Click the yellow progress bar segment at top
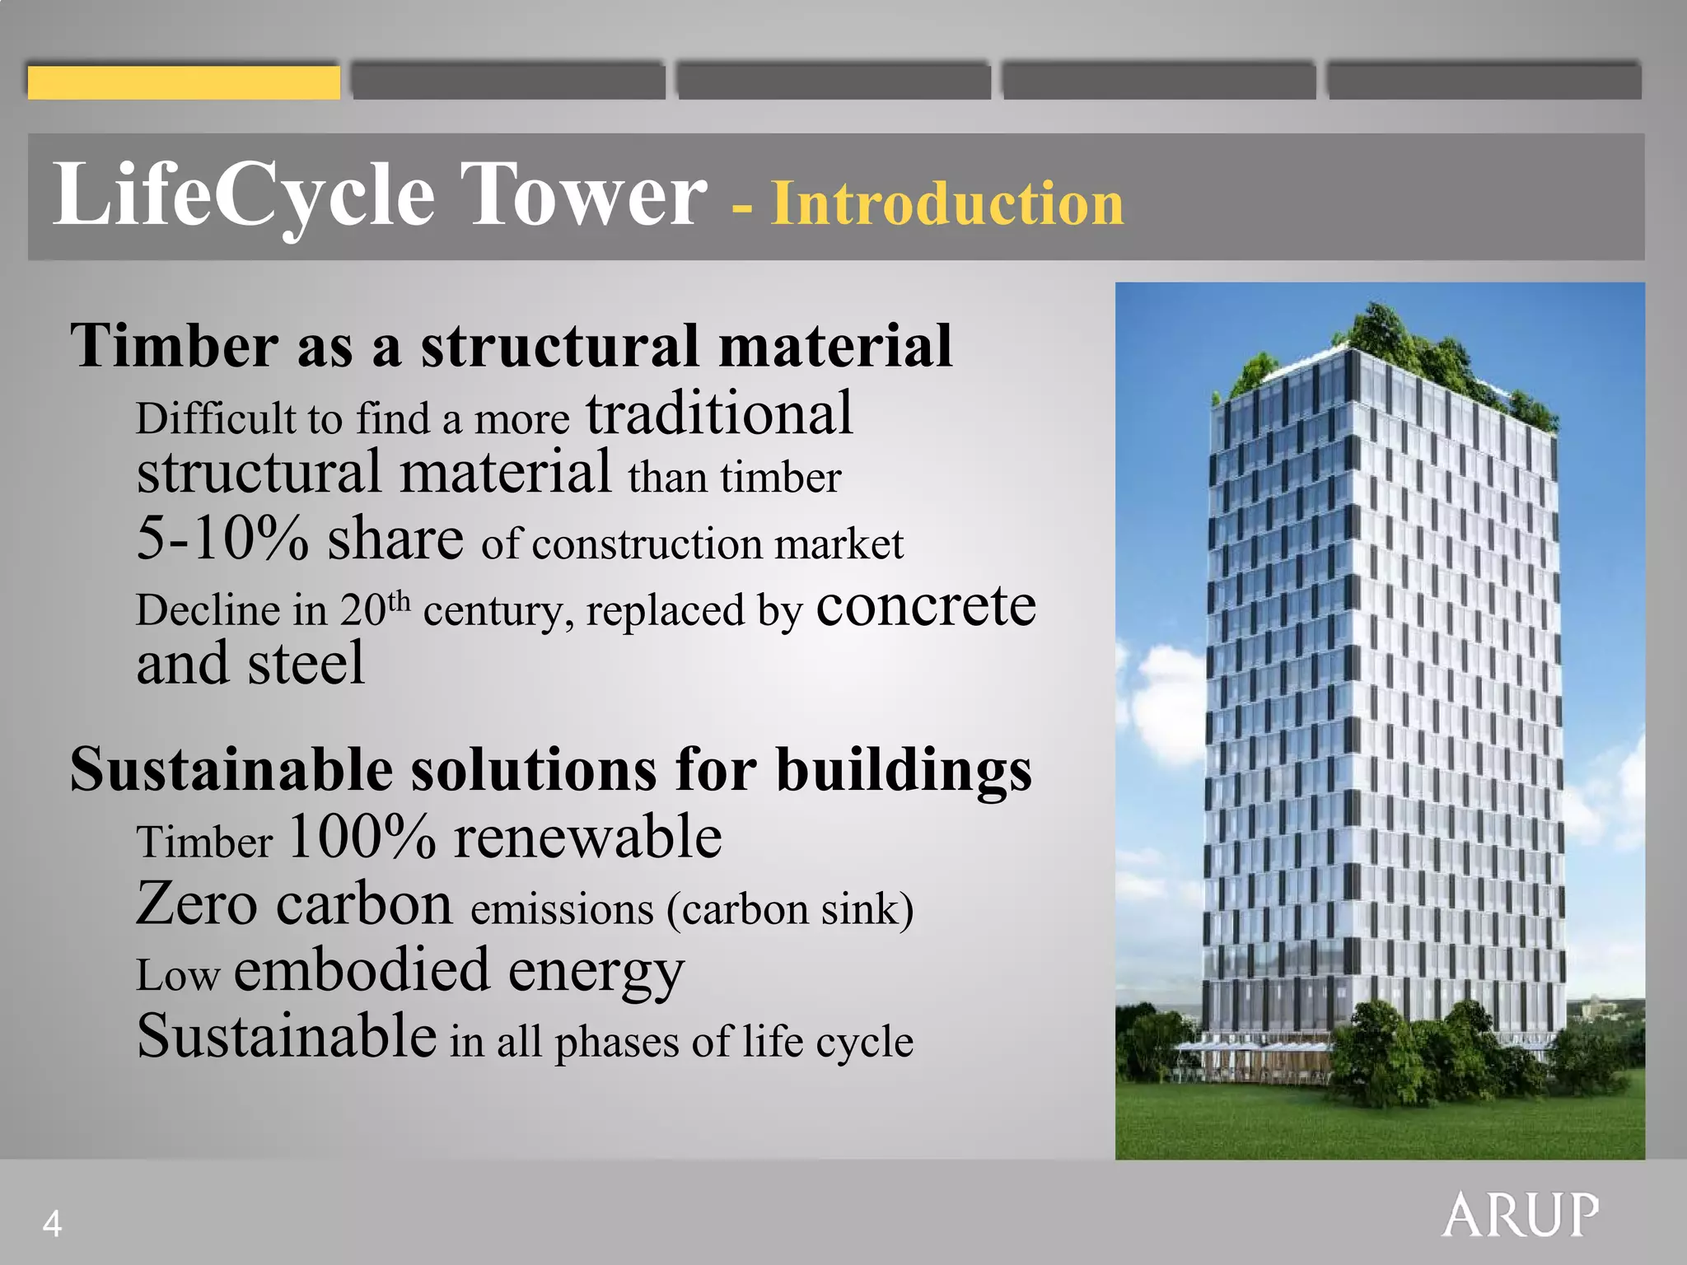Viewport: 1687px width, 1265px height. (184, 82)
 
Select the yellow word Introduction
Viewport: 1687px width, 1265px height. (947, 203)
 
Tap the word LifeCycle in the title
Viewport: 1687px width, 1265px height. (244, 195)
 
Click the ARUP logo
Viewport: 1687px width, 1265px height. (1520, 1215)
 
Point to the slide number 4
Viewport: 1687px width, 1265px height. (52, 1224)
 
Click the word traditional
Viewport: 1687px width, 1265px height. (719, 414)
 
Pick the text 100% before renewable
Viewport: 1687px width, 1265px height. (362, 838)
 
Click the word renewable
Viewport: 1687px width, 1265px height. (587, 838)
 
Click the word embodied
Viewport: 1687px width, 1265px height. (362, 970)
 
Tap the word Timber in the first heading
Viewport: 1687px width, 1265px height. (174, 346)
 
